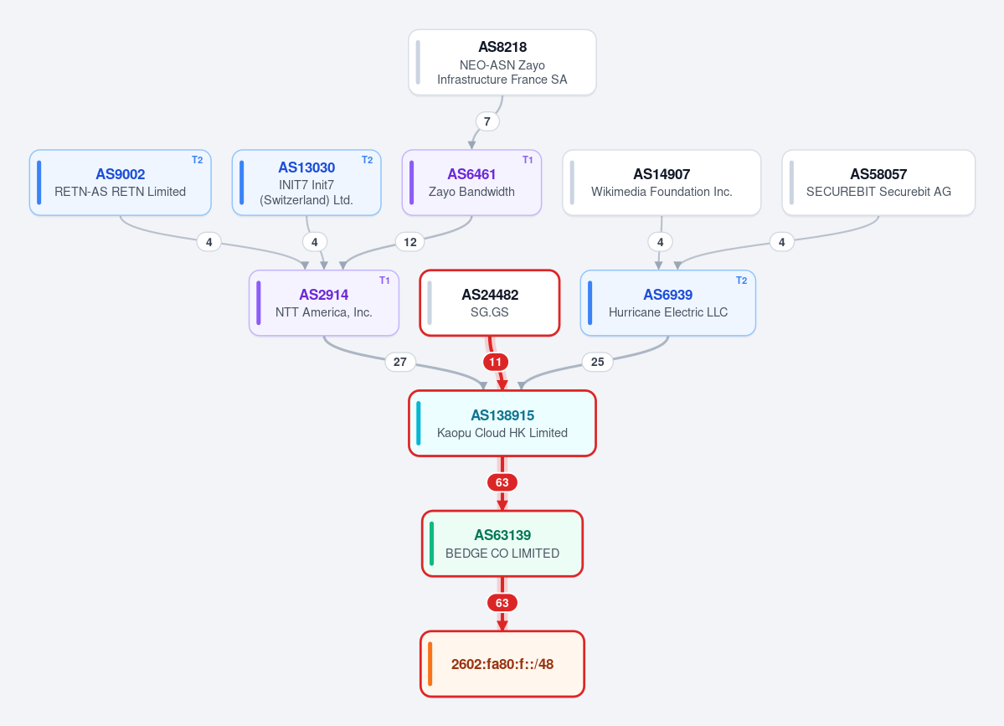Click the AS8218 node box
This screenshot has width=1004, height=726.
point(502,62)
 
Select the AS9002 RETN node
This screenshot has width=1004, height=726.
point(121,183)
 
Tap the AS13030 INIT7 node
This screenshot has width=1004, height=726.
point(306,183)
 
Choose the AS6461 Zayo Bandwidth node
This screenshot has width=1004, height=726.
point(472,183)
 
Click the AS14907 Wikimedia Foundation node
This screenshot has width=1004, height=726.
point(662,183)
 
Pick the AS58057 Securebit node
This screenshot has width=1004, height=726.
point(878,183)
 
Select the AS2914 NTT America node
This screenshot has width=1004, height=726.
point(324,303)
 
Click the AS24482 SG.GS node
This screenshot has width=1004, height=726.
point(490,303)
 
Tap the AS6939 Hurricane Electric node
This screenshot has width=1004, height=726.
point(668,303)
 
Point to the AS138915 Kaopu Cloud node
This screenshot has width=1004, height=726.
point(502,423)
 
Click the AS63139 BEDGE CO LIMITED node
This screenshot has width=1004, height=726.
point(502,543)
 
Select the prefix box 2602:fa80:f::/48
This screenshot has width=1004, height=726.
point(502,664)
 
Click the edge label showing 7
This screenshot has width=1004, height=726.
point(487,121)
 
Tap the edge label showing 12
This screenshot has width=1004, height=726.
point(410,242)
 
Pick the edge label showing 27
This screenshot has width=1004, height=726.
point(400,363)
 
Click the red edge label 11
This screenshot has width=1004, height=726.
point(496,363)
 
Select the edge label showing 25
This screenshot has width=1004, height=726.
point(597,363)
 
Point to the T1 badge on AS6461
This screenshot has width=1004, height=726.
point(528,160)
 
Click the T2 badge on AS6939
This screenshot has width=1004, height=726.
point(741,281)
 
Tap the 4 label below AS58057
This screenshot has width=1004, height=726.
point(782,242)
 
